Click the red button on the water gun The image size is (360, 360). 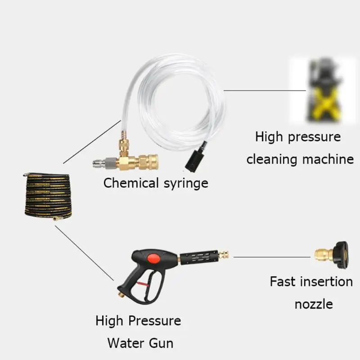click(154, 258)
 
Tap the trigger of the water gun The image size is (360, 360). click(144, 285)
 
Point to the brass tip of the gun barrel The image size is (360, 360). click(223, 255)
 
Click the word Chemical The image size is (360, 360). click(131, 183)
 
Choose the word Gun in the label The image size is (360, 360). click(161, 343)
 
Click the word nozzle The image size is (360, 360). click(314, 305)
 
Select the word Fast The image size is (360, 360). click(282, 282)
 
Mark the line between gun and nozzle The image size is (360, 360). click(272, 257)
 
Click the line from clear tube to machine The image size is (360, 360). click(265, 90)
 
